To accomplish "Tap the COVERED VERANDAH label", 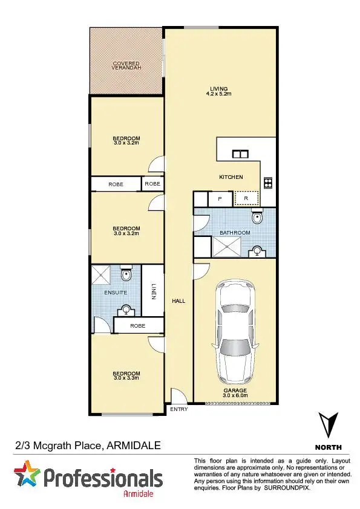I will tap(126, 66).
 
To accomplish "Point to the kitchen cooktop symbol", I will tap(267, 182).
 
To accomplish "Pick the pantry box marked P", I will tap(220, 198).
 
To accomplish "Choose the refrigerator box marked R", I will tap(246, 198).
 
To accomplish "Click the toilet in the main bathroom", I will tap(258, 218).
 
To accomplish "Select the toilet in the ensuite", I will tap(126, 274).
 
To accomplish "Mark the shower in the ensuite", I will tap(101, 275).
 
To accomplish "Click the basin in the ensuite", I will tap(126, 311).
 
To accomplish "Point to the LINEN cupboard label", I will tap(153, 292).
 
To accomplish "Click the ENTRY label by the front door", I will tap(179, 409).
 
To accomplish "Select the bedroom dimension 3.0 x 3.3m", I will tap(126, 378).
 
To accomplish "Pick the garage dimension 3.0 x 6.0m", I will tap(235, 395).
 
